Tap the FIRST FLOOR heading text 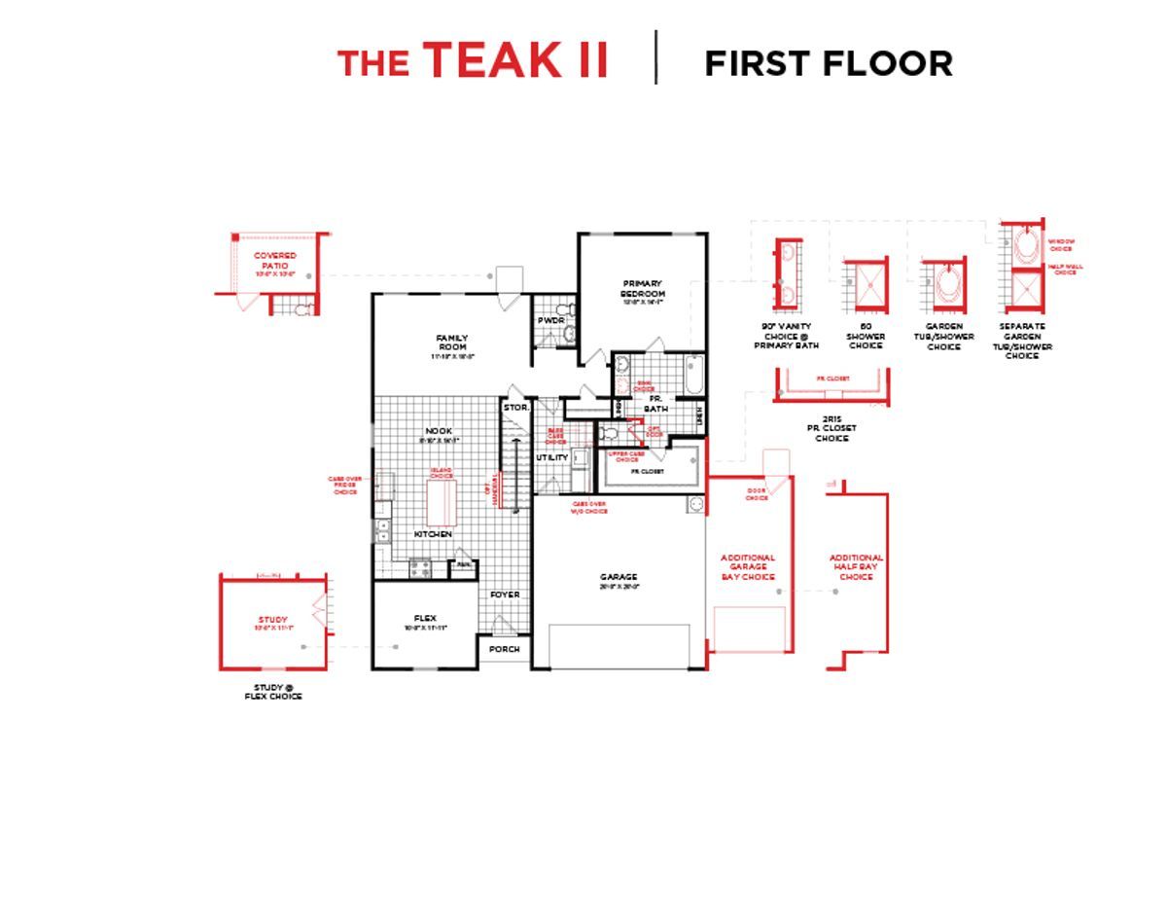pos(828,63)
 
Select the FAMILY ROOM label pos(451,343)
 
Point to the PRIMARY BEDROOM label pos(643,289)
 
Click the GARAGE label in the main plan pos(619,577)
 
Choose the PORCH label pos(504,649)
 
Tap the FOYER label pos(504,595)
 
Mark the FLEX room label pos(425,619)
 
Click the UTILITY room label pos(551,457)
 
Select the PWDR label pos(550,320)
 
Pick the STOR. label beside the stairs pos(515,408)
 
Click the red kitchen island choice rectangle pos(441,502)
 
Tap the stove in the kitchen pos(420,566)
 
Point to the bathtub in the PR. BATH pos(693,375)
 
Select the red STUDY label pos(272,620)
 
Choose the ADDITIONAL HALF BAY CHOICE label pos(856,567)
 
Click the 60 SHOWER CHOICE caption pos(866,337)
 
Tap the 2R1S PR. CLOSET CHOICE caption pos(831,428)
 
